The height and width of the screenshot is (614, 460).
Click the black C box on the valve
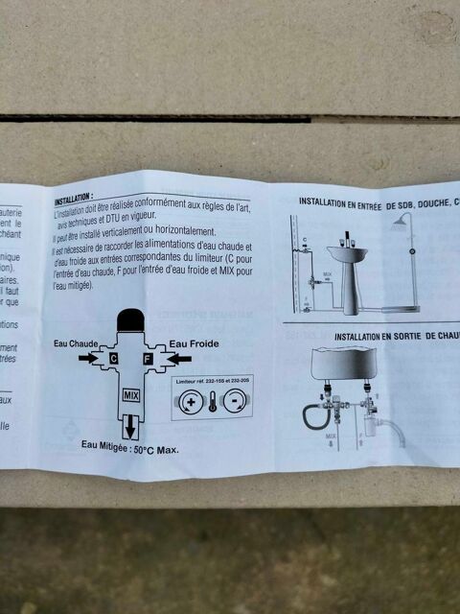tap(114, 358)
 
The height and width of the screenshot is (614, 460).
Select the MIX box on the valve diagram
tap(131, 394)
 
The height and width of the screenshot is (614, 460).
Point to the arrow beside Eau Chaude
tap(89, 358)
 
